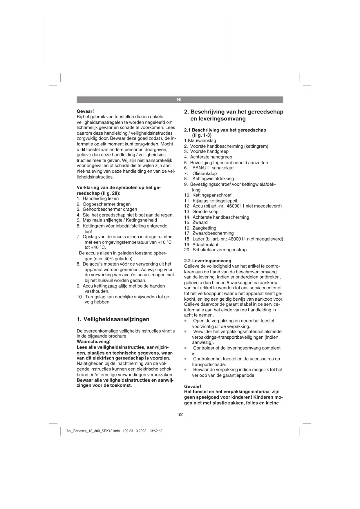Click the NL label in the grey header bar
tap(180, 100)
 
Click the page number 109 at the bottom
tap(180, 415)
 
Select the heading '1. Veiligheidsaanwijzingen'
tap(113, 319)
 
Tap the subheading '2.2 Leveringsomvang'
tap(208, 261)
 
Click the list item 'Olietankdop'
tap(205, 173)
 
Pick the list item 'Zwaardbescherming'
tap(213, 233)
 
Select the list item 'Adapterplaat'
tap(205, 244)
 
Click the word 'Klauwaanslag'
tap(202, 140)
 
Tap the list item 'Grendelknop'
tap(205, 212)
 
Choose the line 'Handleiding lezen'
tap(101, 198)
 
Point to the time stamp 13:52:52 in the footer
tap(155, 431)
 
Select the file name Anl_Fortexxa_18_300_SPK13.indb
tap(93, 431)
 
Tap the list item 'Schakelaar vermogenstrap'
tap(220, 250)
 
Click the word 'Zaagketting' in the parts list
tap(204, 228)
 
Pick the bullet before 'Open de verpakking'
tap(185, 321)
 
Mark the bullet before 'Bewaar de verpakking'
tap(185, 370)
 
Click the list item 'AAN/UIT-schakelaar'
tap(213, 168)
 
